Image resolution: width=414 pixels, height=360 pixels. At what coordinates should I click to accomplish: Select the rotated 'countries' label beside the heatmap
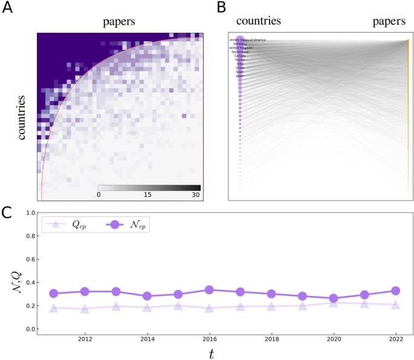coord(22,117)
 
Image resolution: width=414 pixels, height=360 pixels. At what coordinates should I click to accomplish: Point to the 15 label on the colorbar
coord(149,195)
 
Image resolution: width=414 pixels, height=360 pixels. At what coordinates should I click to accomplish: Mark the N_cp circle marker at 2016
coord(209,290)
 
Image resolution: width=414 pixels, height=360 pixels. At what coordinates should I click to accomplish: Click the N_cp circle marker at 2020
coord(334,298)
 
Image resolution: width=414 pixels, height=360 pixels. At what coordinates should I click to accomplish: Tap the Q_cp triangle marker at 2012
coord(85,309)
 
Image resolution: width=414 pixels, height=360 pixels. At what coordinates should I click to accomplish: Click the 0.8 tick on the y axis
coord(29,236)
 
